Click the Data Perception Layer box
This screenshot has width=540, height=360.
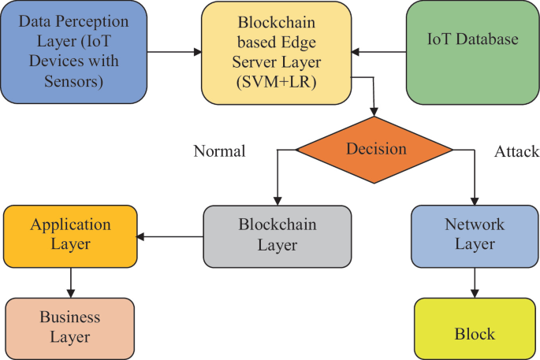tap(73, 52)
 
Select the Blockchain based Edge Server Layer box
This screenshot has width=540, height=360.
tap(276, 52)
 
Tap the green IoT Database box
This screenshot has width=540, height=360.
tap(471, 52)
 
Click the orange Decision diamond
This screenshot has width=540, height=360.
tap(374, 149)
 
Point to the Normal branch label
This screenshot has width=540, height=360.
tap(219, 150)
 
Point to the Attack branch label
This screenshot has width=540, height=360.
tap(516, 150)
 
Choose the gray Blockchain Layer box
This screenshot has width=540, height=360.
tap(277, 235)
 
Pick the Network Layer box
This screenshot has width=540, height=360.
tap(475, 235)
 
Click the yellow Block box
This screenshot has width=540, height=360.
tap(475, 334)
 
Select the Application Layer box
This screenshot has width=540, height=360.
tap(71, 235)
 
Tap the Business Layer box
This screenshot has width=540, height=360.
tap(71, 328)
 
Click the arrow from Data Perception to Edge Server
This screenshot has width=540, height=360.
tap(173, 53)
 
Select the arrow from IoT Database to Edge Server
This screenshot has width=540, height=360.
tap(378, 53)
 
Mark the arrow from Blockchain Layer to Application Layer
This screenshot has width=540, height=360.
tap(170, 236)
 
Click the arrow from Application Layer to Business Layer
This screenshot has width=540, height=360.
tap(71, 282)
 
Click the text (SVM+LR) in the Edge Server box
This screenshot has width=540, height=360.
tap(276, 83)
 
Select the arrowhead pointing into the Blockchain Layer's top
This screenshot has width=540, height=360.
tap(277, 201)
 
